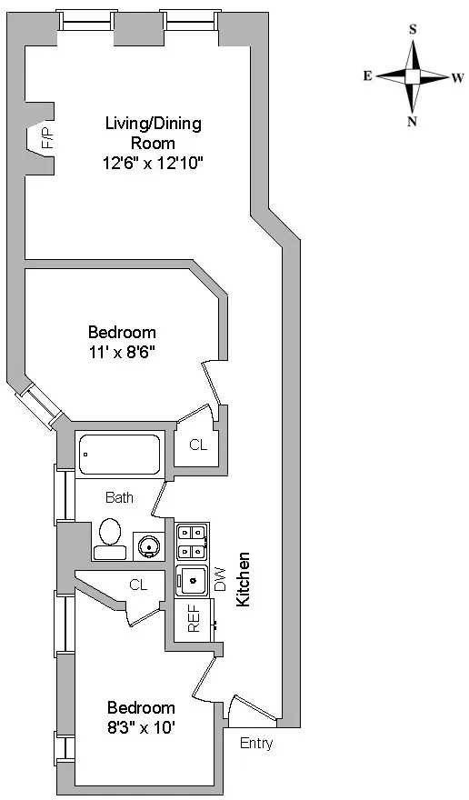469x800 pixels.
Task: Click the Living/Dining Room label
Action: point(153,133)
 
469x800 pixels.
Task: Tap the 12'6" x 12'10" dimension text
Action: point(153,164)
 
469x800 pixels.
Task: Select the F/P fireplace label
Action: point(46,138)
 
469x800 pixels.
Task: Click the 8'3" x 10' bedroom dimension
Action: point(141,727)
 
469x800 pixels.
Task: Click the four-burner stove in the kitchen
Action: point(192,541)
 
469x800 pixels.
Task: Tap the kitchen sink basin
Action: point(192,578)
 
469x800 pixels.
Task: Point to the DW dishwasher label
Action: point(219,579)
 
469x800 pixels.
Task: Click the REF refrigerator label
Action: point(193,618)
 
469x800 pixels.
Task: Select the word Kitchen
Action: point(243,579)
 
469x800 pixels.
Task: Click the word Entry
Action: point(255,743)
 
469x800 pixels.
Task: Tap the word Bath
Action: point(119,497)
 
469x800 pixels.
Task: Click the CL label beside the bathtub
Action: point(198,445)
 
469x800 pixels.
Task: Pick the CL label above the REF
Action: point(138,585)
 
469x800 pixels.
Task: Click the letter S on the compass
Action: point(413,29)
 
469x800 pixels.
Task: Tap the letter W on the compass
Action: point(458,78)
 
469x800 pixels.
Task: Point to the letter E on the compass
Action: point(367,76)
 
